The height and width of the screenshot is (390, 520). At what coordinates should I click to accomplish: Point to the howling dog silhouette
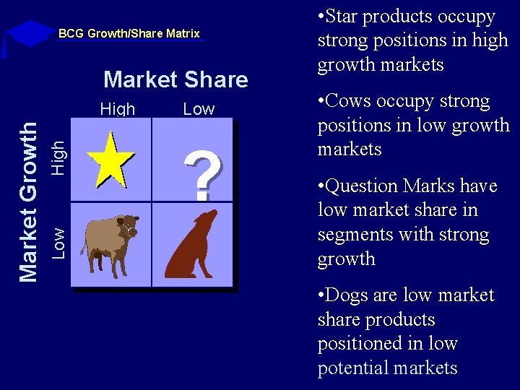191,246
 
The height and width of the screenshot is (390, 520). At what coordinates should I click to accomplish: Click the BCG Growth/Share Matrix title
129,33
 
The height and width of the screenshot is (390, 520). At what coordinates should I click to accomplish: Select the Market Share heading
175,79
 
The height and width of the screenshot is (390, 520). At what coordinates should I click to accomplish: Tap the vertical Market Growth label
27,201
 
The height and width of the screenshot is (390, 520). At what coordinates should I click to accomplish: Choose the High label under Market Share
118,109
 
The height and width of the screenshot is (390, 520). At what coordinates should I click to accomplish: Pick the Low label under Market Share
199,109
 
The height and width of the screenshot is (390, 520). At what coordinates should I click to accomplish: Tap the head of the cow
129,225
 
